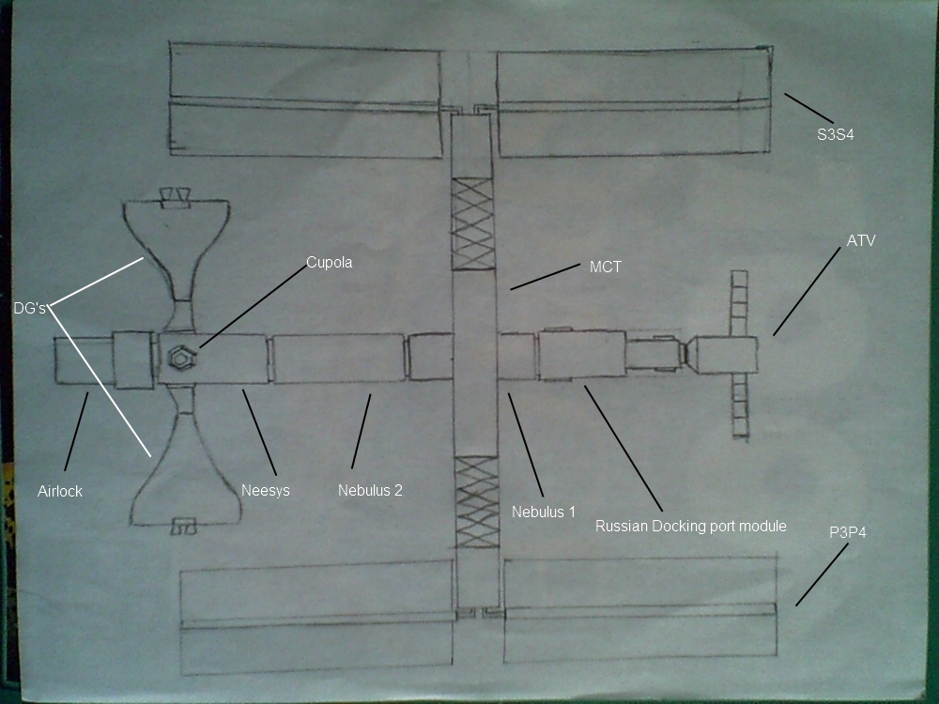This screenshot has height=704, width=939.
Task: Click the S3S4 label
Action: coord(836,134)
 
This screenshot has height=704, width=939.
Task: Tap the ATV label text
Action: coord(861,240)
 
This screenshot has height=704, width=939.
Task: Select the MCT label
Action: coord(606,267)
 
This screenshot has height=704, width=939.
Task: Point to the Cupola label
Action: coord(329,262)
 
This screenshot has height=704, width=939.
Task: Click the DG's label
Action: coord(30,308)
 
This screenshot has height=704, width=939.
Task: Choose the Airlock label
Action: coord(60,492)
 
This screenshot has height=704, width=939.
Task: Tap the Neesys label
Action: coord(266,491)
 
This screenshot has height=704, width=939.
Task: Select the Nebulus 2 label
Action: coord(370,490)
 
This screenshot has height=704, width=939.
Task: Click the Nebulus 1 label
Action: coord(543,512)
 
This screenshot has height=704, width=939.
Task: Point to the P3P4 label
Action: coord(847,532)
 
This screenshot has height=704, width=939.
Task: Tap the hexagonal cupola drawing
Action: coord(181,358)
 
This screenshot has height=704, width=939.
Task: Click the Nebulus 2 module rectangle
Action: coord(338,358)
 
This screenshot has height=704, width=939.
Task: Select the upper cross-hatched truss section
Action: coord(472,223)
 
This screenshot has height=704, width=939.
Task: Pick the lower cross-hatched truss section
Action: coord(477,502)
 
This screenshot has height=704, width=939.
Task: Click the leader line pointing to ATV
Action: coord(807,291)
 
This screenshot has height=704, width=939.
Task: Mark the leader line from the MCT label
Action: coord(545,277)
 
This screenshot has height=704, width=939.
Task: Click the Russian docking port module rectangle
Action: coord(581,354)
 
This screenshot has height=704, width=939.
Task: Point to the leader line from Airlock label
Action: coord(76,431)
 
